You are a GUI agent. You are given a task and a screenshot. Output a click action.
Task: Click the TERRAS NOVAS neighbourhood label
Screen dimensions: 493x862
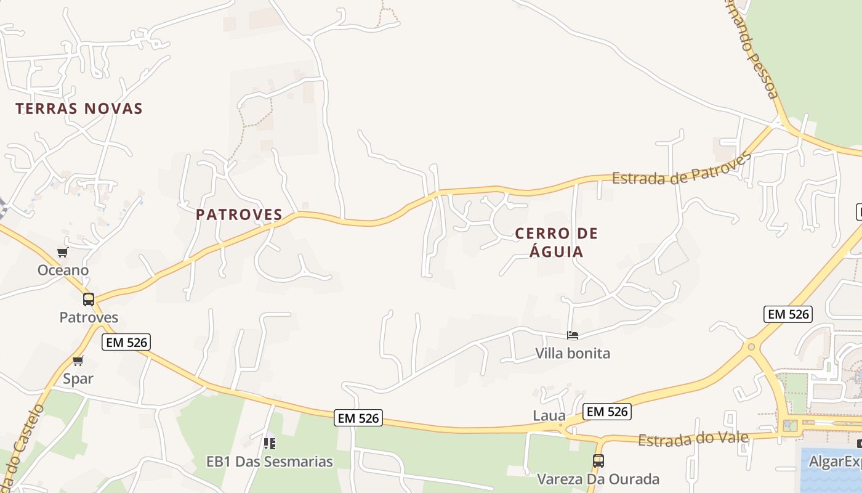[x=79, y=109]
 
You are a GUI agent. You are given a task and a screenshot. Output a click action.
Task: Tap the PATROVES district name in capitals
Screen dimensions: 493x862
[x=239, y=215]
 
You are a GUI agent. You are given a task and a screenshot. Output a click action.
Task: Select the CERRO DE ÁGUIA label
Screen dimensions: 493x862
[x=557, y=242]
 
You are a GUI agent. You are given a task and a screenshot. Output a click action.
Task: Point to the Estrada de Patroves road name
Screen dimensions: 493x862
[x=681, y=169]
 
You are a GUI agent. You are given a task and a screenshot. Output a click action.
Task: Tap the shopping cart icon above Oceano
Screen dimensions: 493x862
[x=62, y=253]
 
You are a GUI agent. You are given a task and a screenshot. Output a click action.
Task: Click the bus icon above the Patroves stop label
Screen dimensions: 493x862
[x=89, y=299]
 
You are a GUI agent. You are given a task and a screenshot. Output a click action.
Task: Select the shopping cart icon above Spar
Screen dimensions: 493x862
[x=78, y=361]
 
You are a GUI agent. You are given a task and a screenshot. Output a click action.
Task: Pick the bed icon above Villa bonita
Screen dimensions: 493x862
[x=573, y=336]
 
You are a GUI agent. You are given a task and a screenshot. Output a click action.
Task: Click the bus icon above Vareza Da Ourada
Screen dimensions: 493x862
[x=598, y=460]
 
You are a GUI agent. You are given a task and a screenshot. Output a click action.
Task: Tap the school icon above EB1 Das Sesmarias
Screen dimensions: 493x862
[x=269, y=443]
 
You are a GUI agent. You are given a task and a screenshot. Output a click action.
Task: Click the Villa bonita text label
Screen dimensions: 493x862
[x=573, y=354]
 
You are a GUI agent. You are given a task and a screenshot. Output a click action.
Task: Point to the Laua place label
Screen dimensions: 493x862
[x=549, y=416]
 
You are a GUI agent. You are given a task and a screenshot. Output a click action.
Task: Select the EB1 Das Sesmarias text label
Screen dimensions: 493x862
[x=269, y=462]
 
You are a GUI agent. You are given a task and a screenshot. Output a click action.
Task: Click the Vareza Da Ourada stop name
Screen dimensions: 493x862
[x=598, y=479]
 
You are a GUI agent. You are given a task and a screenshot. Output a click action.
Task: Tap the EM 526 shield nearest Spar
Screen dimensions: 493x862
[x=127, y=343]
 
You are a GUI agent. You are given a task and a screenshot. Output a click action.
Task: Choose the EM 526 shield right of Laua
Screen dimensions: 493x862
[x=607, y=412]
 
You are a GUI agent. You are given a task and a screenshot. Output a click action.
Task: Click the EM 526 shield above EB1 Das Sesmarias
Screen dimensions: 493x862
[x=359, y=418]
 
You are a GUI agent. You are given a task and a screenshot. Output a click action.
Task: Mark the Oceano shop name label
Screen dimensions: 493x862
[x=63, y=271]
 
